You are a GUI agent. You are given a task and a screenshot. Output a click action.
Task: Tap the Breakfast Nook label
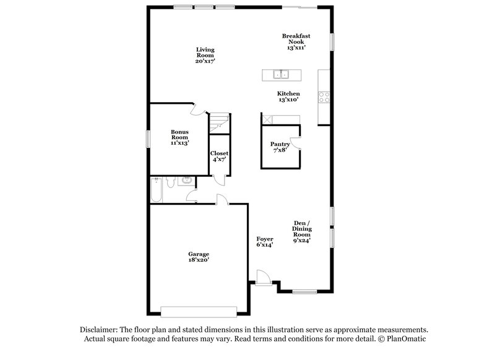pyautogui.click(x=295, y=41)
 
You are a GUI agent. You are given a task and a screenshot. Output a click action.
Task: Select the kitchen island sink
pyautogui.click(x=282, y=75)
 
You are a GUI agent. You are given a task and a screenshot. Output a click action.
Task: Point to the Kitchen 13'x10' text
pyautogui.click(x=288, y=96)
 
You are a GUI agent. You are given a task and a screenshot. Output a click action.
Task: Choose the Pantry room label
pyautogui.click(x=280, y=147)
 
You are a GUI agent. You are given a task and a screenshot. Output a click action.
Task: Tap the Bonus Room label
pyautogui.click(x=179, y=137)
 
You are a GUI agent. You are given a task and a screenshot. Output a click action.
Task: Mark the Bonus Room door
pyautogui.click(x=196, y=110)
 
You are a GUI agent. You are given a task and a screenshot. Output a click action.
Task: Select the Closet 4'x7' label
pyautogui.click(x=219, y=156)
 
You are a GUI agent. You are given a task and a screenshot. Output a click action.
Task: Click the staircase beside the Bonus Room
pyautogui.click(x=219, y=123)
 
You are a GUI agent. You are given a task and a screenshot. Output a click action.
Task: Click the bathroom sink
pyautogui.click(x=184, y=181)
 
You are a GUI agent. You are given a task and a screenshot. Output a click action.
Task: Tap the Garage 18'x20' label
pyautogui.click(x=199, y=257)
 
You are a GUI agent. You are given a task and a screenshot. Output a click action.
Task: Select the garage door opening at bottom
pyautogui.click(x=198, y=311)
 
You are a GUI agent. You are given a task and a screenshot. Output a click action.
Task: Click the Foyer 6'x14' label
pyautogui.click(x=265, y=241)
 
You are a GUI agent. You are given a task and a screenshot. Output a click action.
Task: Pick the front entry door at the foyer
pyautogui.click(x=262, y=276)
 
